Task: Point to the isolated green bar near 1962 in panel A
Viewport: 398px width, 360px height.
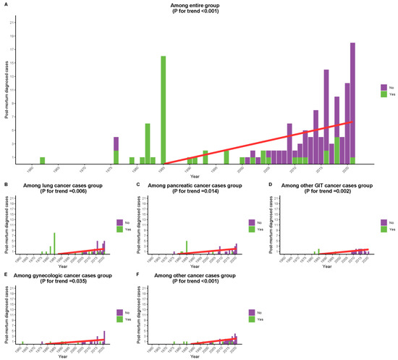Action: (42, 161)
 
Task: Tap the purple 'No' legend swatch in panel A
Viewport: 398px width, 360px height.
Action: (384, 86)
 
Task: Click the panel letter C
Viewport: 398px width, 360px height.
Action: (138, 185)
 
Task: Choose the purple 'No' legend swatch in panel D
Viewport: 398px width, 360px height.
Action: (384, 221)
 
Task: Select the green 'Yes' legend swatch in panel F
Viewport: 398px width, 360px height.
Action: (251, 318)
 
